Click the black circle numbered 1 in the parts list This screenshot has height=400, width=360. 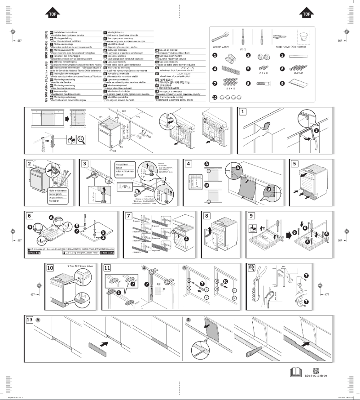pos(215,55)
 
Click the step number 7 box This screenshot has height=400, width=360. pos(128,215)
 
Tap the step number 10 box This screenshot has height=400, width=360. pos(50,267)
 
